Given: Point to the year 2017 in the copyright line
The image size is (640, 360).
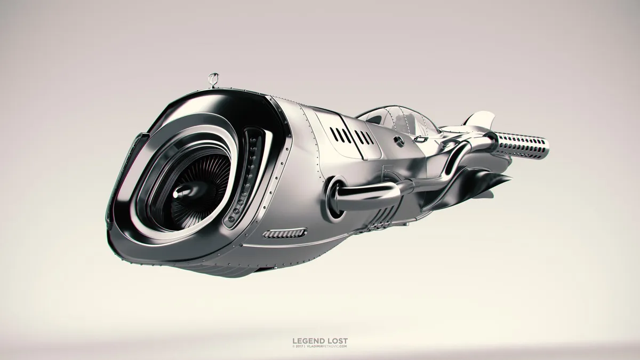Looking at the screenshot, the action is pyautogui.click(x=299, y=346).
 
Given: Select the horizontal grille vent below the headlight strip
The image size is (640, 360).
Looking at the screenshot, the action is pyautogui.click(x=285, y=233).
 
